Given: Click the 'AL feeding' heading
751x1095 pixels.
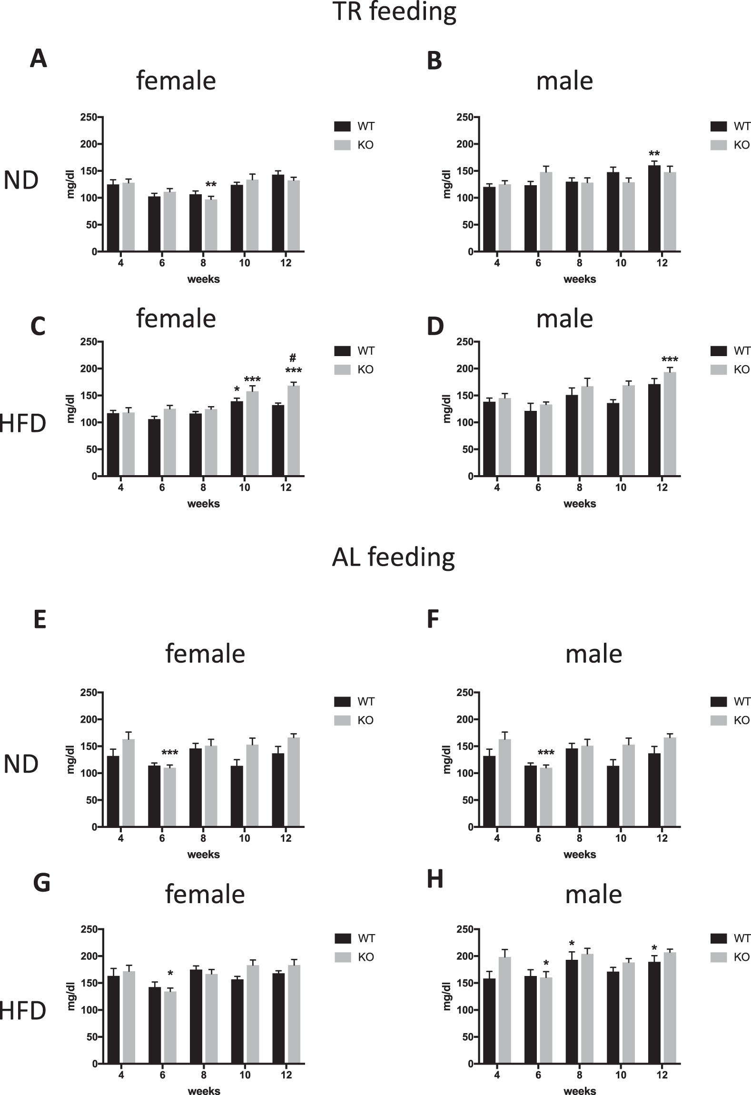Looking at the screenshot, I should (393, 557).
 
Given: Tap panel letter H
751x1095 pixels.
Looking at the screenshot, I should (435, 879).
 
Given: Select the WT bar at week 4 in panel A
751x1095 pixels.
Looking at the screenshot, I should (113, 218).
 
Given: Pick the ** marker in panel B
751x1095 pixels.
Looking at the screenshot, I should (654, 154).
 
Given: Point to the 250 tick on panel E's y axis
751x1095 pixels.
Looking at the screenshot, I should (89, 692).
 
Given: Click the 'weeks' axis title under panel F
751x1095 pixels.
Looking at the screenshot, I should (580, 854).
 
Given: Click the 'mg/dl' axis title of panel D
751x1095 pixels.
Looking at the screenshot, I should (447, 409).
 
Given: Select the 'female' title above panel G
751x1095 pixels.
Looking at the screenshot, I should (205, 894).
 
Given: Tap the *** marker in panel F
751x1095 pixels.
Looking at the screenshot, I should (546, 753).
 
